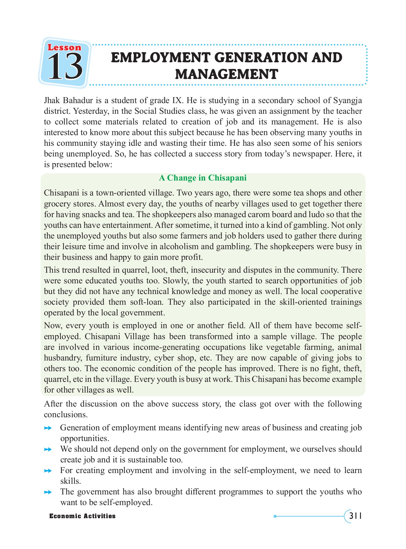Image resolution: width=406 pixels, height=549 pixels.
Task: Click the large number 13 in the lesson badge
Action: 65,66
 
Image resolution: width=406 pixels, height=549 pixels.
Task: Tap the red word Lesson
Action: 65,48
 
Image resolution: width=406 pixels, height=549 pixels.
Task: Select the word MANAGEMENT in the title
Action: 226,74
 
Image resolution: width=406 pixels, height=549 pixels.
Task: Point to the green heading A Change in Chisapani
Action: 203,178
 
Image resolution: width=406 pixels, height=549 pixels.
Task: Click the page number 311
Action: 355,516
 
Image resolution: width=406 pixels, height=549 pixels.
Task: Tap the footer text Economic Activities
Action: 82,516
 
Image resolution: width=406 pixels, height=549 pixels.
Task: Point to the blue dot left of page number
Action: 275,516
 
